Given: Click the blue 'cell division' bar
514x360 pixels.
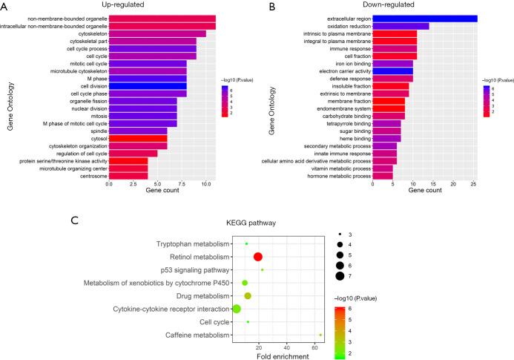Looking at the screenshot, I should click(148, 86).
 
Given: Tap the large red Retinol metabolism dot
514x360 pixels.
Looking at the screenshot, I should click(258, 257).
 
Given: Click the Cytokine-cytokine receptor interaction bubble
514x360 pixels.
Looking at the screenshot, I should click(237, 309).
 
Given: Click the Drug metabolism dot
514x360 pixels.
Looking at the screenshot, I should click(248, 296).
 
